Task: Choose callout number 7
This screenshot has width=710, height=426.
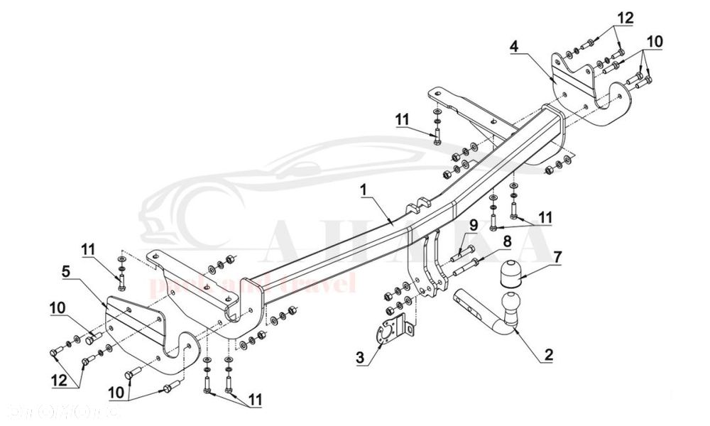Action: [557, 255]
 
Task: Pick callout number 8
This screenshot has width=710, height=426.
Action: [508, 241]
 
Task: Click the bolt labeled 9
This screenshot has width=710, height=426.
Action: [458, 251]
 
